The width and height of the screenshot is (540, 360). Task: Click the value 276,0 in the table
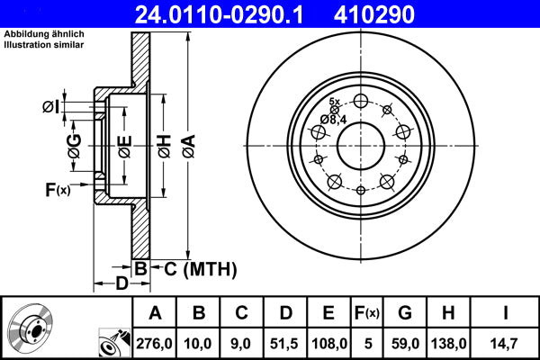tap(156, 341)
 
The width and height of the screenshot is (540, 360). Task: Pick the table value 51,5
tap(285, 341)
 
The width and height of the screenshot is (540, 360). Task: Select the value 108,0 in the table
tap(328, 341)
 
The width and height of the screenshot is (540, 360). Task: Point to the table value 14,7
tap(507, 341)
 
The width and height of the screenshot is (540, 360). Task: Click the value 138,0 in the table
tap(450, 341)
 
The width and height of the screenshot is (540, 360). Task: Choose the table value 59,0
tap(406, 341)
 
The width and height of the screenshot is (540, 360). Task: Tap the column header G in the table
tap(406, 313)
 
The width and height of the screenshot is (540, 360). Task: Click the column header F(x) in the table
tap(367, 313)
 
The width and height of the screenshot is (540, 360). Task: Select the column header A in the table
tap(156, 313)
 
